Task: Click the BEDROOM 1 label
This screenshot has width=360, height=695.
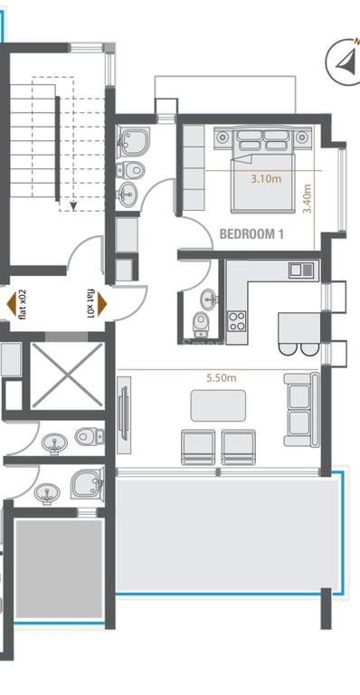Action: (x=251, y=233)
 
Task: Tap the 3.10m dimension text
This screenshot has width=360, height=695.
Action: (x=266, y=179)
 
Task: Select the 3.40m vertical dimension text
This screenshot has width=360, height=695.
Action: (x=307, y=199)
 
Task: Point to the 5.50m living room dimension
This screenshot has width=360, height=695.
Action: (x=222, y=378)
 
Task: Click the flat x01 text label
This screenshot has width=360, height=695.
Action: (x=90, y=304)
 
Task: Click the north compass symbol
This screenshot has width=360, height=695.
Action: (x=344, y=62)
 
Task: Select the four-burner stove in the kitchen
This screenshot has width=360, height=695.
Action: (x=237, y=321)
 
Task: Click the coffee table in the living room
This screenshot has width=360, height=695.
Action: (x=218, y=405)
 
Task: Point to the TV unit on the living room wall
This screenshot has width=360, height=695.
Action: (x=124, y=414)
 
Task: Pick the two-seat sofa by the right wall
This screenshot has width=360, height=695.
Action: (x=301, y=410)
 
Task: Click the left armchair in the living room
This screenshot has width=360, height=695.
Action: (x=198, y=447)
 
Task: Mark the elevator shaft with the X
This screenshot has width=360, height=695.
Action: (x=67, y=376)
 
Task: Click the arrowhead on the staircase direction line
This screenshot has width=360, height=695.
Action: (x=73, y=205)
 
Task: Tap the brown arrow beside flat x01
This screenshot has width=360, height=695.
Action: (x=102, y=304)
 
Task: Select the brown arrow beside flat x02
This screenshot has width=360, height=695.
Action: (x=12, y=304)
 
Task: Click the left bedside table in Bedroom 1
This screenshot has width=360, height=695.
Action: (x=223, y=138)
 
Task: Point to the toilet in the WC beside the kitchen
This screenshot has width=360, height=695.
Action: (x=200, y=324)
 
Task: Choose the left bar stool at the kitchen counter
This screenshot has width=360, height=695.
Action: (x=288, y=348)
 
